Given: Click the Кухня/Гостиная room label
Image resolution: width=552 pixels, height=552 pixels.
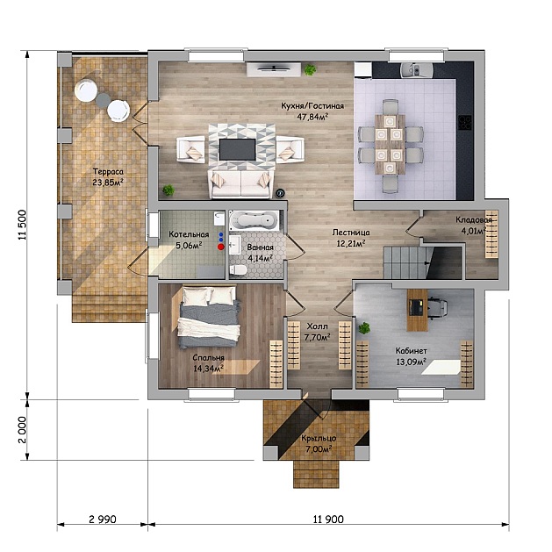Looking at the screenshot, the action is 312,106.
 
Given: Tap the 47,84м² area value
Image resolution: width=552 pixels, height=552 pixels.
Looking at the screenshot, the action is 312,117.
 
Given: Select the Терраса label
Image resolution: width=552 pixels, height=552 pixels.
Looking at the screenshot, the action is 108,172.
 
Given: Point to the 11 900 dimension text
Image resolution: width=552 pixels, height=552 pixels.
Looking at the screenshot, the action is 328,519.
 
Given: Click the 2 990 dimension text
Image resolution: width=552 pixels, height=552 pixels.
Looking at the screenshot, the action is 103,519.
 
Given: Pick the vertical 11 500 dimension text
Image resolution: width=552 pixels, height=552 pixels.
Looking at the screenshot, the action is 22,225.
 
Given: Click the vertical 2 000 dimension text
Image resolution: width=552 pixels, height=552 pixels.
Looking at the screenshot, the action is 22,430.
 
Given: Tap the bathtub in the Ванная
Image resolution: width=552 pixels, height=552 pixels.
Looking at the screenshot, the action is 254,220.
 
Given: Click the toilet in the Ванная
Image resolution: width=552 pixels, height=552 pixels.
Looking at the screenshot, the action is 238,270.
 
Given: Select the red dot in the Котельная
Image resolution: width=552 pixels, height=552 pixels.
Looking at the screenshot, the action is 221,247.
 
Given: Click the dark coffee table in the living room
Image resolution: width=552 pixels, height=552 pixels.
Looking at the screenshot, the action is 238,149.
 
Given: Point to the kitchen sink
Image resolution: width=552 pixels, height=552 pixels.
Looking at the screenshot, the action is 415,70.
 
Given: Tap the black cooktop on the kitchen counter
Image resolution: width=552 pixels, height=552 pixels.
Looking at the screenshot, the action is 465,123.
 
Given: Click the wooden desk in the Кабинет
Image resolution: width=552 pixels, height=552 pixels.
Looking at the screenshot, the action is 418,310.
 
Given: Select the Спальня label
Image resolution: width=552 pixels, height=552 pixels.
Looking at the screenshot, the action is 208,358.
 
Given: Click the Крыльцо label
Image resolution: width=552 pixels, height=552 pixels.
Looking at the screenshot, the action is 319,438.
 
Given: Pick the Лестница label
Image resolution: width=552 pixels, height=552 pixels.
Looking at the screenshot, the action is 351,233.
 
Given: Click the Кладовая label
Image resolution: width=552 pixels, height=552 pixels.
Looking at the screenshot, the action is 474,220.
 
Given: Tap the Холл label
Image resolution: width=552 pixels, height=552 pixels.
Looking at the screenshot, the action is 317,326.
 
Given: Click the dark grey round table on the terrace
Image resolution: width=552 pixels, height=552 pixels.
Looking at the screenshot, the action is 104,100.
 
